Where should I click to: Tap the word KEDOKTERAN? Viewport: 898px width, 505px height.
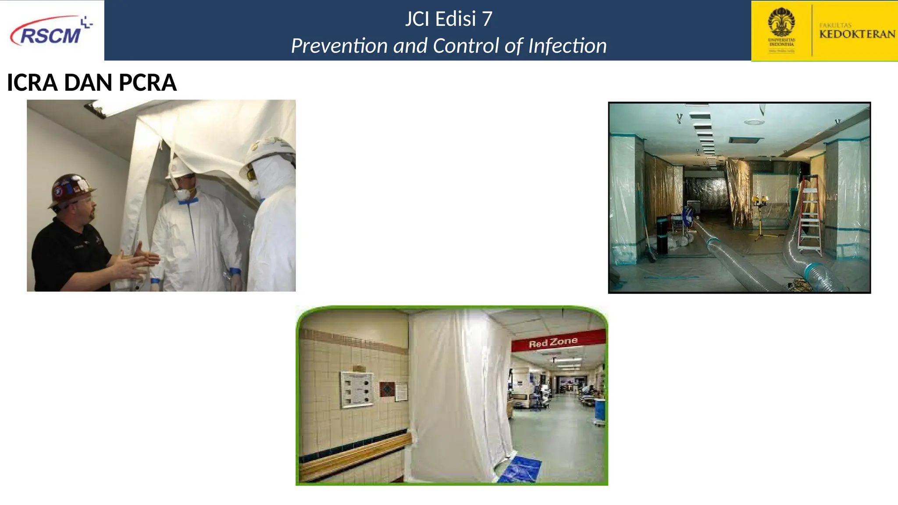tap(857, 34)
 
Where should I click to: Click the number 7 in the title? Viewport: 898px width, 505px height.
tap(487, 19)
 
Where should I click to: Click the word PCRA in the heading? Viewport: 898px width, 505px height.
tap(147, 82)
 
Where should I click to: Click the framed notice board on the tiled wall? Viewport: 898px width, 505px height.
tap(357, 389)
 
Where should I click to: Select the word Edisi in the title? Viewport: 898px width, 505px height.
tap(456, 19)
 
